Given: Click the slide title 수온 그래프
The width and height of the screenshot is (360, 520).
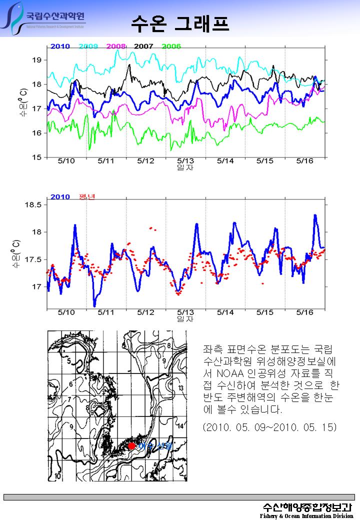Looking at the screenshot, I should pos(180,22).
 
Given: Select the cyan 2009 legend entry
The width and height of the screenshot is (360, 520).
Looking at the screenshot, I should pos(88,46).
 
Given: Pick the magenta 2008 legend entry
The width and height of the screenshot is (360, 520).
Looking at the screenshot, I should pos(116,46).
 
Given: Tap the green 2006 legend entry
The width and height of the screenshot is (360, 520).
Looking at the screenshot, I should pos(171,46).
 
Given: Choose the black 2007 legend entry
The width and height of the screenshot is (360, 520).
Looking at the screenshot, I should pos(143,46).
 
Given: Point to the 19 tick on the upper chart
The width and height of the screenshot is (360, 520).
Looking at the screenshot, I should pos(36,60).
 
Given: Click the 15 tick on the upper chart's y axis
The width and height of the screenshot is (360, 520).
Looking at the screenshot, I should pos(36,157).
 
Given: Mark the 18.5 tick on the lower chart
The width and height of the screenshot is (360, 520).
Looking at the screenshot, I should pos(33,205).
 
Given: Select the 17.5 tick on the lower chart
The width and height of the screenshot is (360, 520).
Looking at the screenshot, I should pos(33,259).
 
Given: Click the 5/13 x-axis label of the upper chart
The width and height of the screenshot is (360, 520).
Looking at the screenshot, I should pos(185,161).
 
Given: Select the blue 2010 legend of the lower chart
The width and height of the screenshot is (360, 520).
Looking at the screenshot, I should pos(60,197).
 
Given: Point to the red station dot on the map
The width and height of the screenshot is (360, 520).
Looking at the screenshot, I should pos(131,445).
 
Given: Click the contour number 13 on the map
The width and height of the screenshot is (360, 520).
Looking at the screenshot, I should pos(181,388).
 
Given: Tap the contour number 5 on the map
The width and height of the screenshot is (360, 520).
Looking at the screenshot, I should pos(67,361).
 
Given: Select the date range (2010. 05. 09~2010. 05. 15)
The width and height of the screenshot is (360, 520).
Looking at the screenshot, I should pos(270,427).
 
